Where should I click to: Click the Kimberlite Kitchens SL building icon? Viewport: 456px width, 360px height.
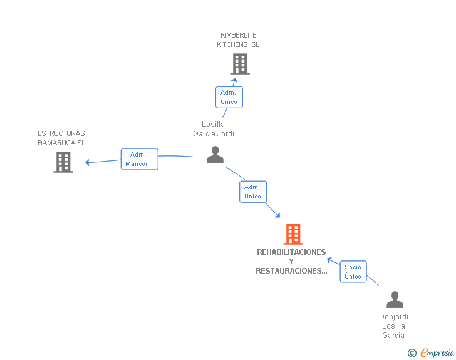(239, 64)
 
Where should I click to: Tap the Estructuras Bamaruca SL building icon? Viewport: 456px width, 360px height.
(63, 162)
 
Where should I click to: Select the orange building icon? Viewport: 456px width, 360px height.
(293, 234)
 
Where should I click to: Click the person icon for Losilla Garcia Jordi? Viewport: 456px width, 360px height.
(215, 155)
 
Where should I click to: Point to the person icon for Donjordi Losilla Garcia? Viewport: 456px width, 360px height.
(395, 300)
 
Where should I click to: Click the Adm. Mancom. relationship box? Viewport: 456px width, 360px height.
(140, 159)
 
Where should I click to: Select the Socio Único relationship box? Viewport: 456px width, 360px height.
(353, 272)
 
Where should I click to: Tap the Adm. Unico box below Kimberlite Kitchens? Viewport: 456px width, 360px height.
(229, 97)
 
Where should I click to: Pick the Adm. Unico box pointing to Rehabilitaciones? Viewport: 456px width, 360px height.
(253, 192)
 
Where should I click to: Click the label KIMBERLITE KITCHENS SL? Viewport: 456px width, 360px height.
(238, 40)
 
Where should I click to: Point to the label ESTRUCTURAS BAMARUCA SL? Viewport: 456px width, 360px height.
(61, 138)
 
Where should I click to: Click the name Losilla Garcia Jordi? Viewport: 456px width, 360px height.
(214, 129)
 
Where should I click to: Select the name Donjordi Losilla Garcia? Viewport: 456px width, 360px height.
(393, 326)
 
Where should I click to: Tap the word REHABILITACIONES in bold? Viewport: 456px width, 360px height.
(291, 252)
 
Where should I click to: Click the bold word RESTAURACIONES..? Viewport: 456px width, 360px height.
(291, 271)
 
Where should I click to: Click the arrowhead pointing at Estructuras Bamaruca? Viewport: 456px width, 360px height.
(88, 163)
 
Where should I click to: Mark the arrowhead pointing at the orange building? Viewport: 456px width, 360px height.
(277, 216)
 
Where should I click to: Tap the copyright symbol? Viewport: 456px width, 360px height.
(412, 353)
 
